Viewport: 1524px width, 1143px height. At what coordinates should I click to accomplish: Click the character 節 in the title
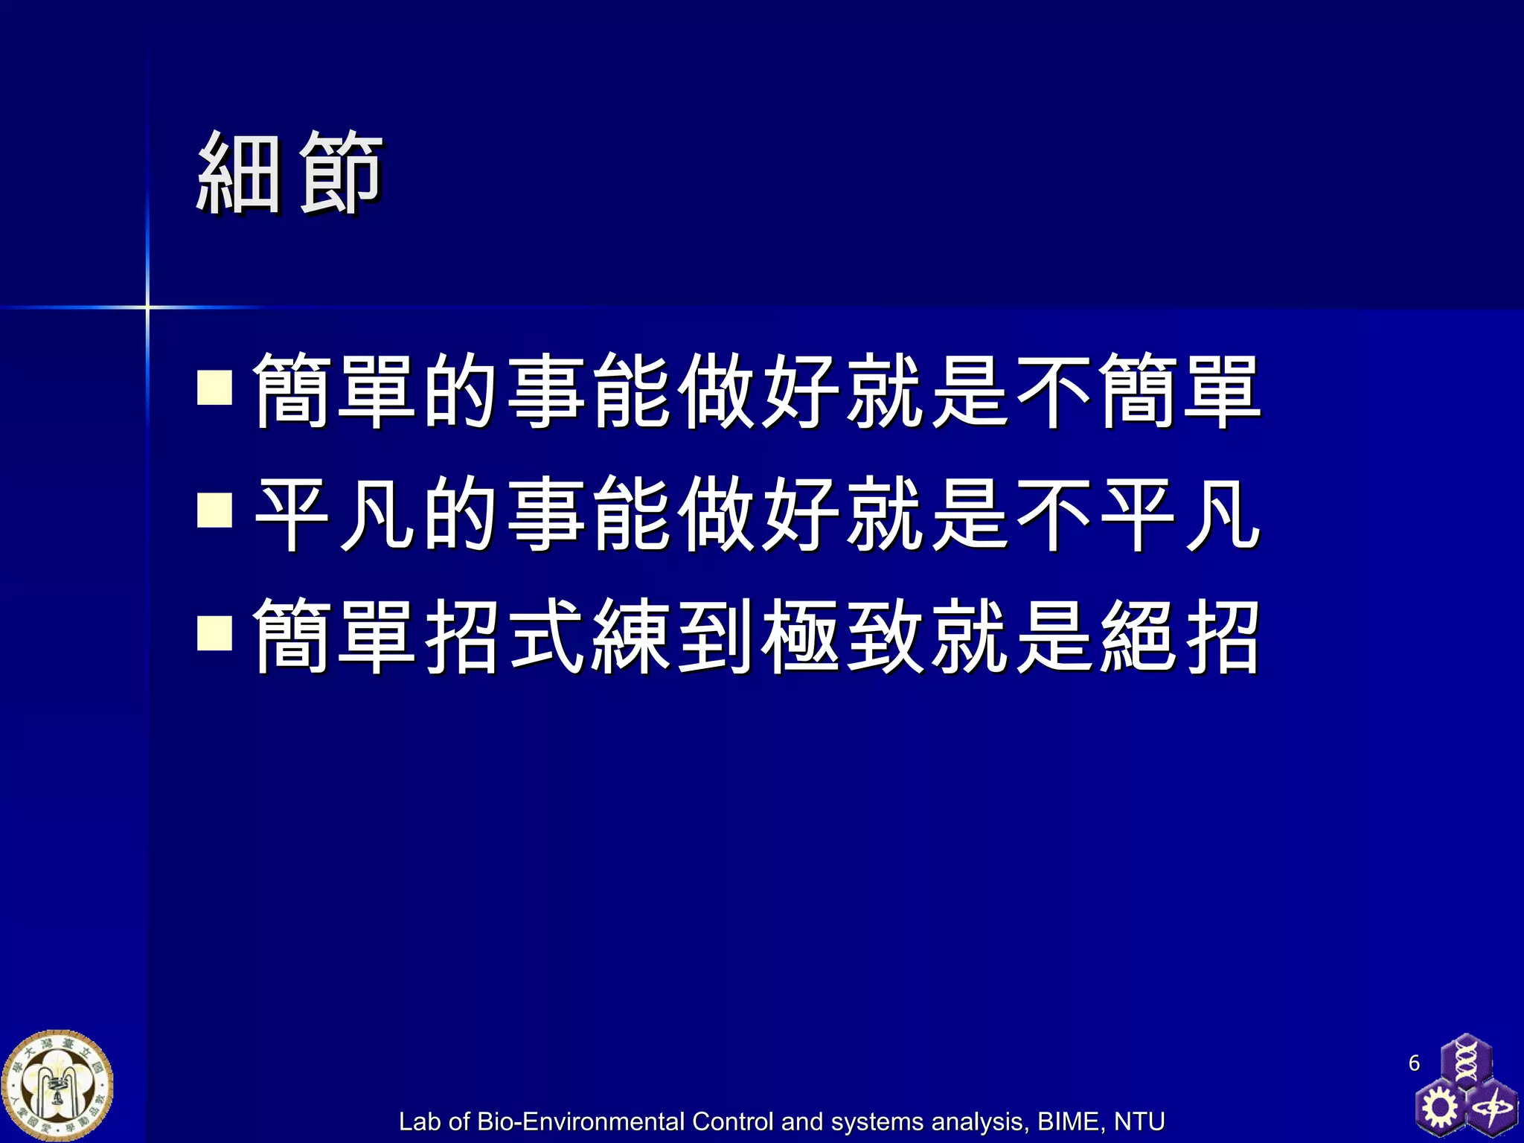tap(341, 173)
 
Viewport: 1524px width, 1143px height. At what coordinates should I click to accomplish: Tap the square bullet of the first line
tap(215, 387)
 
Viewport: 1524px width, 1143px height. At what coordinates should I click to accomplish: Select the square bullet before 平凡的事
tap(215, 510)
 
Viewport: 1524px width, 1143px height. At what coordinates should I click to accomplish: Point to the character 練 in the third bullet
tap(630, 636)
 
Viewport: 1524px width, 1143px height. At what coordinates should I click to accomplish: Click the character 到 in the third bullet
tap(715, 636)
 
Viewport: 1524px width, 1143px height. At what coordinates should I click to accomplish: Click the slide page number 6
tap(1414, 1063)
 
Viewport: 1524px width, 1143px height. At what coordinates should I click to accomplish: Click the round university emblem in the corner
tap(57, 1086)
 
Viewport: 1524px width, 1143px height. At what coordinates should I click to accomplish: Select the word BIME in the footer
tap(1070, 1121)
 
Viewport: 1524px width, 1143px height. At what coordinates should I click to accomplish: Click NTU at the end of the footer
tap(1139, 1121)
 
